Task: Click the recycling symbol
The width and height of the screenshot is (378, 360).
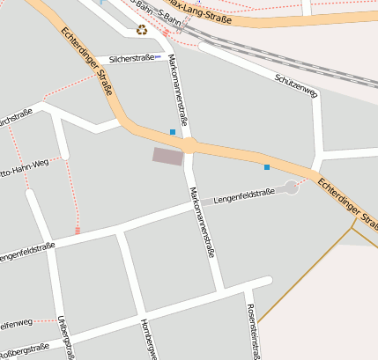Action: (x=142, y=31)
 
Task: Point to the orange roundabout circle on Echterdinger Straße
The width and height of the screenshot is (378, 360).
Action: (x=189, y=145)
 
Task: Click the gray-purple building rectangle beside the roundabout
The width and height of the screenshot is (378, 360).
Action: (x=167, y=156)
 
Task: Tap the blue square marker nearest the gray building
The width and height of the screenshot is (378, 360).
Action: (x=173, y=132)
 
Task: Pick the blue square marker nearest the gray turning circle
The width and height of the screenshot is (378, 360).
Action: (x=266, y=166)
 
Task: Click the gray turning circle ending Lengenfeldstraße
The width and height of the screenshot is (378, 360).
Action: (x=292, y=187)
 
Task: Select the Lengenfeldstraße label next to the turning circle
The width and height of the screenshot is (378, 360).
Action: (x=244, y=195)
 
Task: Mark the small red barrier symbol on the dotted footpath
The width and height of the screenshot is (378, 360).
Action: (x=77, y=231)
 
